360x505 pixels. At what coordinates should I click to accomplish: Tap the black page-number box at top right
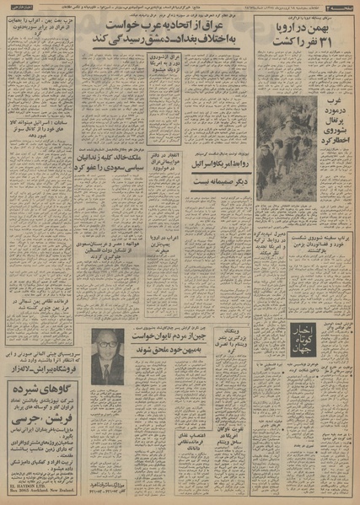point(340,6)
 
